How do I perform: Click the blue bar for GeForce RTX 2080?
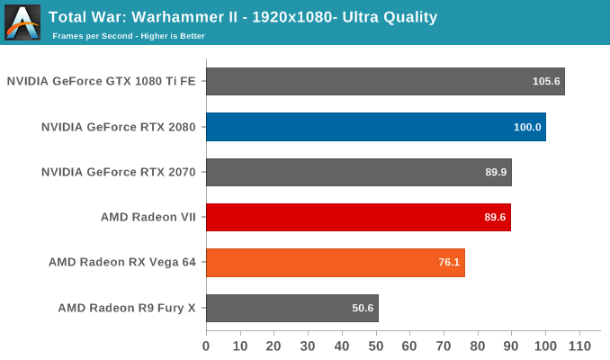click(375, 127)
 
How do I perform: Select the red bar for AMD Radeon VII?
click(358, 217)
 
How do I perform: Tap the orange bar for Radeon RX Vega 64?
click(335, 263)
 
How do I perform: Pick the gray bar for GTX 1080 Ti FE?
click(385, 81)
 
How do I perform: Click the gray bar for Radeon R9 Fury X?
click(292, 308)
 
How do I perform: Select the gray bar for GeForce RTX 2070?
click(358, 172)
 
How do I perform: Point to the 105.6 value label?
click(546, 81)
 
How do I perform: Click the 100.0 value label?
click(527, 127)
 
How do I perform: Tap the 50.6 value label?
click(363, 308)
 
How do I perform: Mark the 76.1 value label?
click(449, 263)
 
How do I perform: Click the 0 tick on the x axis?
click(206, 346)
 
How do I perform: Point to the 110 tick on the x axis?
click(579, 346)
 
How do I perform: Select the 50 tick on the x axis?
click(376, 346)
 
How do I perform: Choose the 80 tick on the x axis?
click(478, 346)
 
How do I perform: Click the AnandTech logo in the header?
click(22, 22)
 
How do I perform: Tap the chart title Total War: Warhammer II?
click(243, 16)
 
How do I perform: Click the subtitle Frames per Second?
click(128, 36)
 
